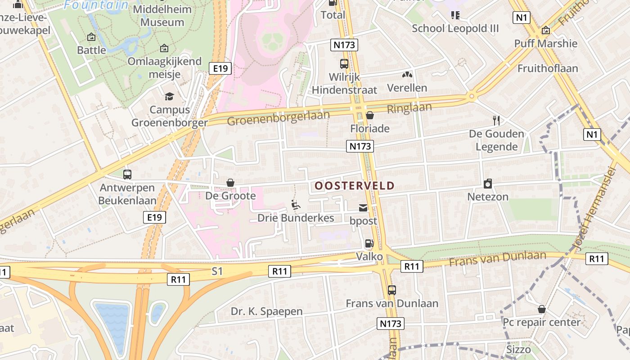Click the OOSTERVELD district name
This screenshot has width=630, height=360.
354,185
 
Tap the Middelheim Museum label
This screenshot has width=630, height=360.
162,16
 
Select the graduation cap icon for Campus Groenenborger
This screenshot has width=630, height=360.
169,96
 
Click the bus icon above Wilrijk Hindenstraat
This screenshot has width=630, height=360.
344,64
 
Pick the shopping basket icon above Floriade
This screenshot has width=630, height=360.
370,116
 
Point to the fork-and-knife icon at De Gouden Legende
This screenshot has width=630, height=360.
496,121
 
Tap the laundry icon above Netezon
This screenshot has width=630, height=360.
488,184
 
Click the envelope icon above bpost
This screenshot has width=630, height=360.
363,208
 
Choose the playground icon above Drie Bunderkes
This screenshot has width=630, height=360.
296,205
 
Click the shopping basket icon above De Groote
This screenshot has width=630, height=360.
230,183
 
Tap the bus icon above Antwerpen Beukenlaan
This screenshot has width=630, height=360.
127,174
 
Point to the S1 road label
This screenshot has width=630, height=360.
217,271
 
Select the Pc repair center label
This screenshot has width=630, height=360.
542,322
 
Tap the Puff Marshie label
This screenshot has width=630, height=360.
546,43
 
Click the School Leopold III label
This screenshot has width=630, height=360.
455,28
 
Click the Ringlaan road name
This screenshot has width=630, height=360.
409,108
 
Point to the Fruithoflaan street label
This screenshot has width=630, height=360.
548,68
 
